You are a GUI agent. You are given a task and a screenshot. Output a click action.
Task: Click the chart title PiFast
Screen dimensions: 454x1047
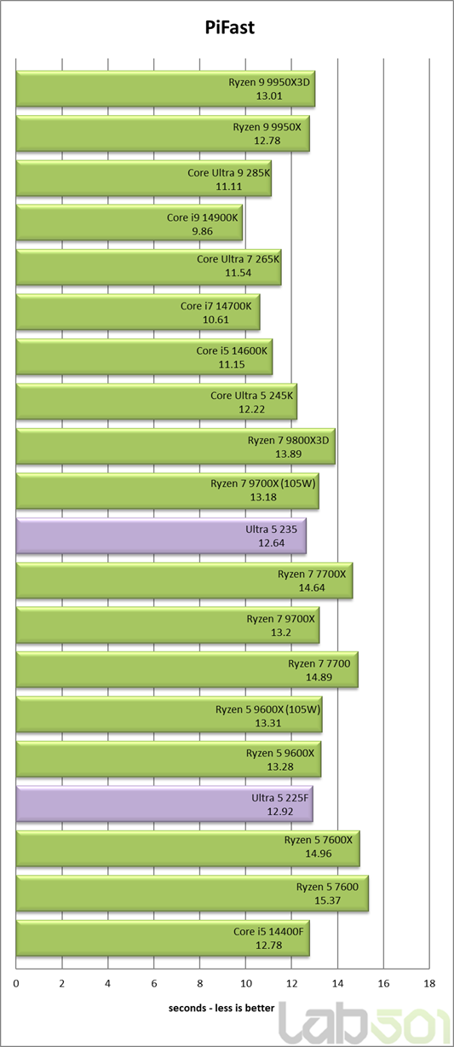[229, 27]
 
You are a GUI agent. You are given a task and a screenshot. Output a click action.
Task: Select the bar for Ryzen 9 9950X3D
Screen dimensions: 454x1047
[165, 89]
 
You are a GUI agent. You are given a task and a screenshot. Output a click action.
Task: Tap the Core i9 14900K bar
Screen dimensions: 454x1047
[129, 223]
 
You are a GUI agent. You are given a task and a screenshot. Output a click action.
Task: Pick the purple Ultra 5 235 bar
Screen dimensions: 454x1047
[161, 535]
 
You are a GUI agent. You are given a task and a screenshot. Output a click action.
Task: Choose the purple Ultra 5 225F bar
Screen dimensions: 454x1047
[164, 804]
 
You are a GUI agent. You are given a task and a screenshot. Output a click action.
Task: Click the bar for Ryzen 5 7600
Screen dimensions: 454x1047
[193, 894]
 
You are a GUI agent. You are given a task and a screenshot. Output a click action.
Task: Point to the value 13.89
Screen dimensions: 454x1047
[288, 454]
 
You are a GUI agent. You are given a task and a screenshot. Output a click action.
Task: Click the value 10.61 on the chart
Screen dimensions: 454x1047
[216, 320]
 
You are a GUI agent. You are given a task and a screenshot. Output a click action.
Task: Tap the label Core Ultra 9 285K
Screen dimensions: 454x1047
[229, 173]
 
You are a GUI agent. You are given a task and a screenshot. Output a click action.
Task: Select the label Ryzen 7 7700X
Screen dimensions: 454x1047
[312, 574]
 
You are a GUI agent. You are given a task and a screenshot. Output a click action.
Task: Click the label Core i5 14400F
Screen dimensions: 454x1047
[268, 932]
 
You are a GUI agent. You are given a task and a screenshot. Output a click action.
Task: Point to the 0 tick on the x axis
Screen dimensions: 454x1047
[16, 983]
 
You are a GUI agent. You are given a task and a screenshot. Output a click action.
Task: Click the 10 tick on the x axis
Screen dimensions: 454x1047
[245, 983]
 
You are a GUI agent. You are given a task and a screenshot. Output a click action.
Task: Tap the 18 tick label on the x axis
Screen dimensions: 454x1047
[429, 983]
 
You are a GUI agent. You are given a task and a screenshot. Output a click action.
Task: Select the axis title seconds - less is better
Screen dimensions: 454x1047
[221, 1008]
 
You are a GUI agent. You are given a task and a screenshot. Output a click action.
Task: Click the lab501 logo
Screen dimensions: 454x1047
[365, 1024]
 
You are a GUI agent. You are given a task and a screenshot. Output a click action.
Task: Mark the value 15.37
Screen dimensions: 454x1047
[327, 900]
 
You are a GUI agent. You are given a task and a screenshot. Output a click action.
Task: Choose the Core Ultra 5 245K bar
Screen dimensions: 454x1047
[157, 402]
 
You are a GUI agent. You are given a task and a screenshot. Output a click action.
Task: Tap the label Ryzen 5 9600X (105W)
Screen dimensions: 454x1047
[267, 709]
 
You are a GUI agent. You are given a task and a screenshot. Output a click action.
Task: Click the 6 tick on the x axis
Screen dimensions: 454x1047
[153, 983]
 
